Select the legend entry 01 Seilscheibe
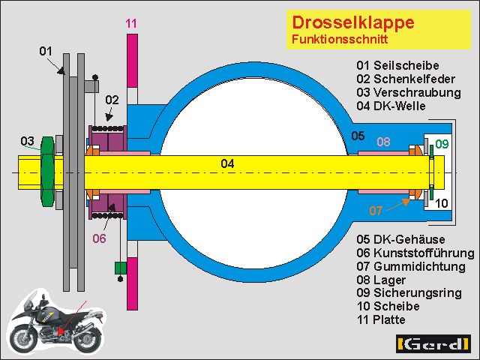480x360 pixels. [x=397, y=66]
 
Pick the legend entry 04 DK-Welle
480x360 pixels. [x=391, y=106]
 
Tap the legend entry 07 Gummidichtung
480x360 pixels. [x=411, y=266]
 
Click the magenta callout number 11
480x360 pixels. [x=132, y=23]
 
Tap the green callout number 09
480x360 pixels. [x=442, y=143]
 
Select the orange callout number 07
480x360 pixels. [x=376, y=211]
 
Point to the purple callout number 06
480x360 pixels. [x=100, y=238]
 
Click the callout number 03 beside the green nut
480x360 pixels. [x=27, y=140]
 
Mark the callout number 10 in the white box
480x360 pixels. [x=442, y=202]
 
